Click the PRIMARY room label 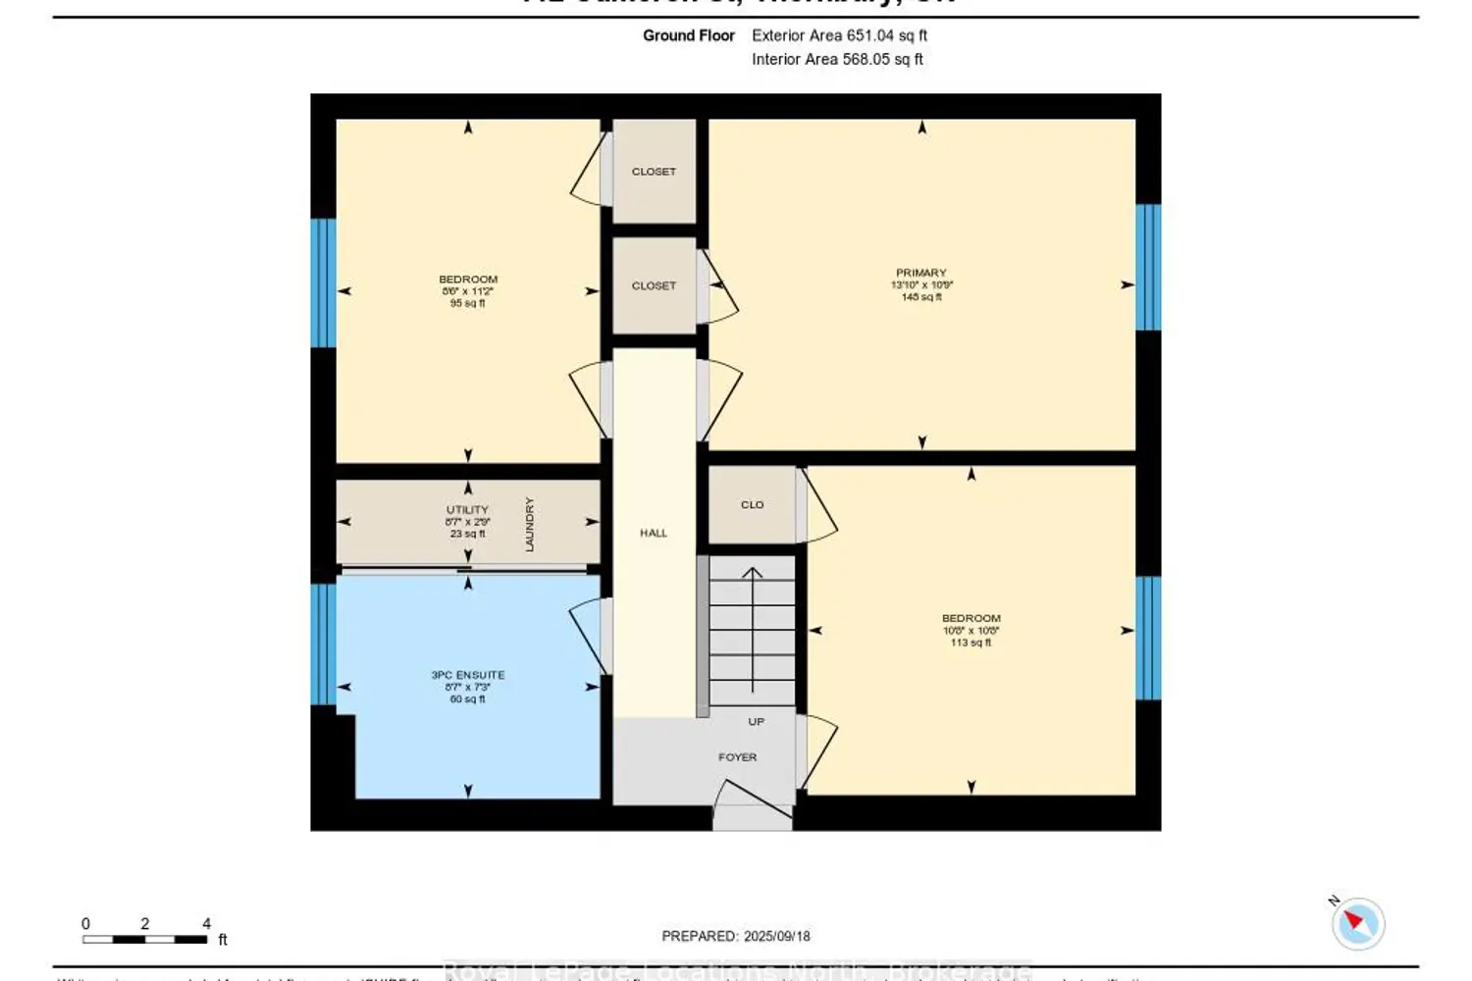point(920,274)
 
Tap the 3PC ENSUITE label point(467,676)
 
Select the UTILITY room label point(467,510)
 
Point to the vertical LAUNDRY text point(530,524)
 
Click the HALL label point(654,534)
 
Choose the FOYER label point(737,757)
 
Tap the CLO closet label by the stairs point(752,505)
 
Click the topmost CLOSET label point(654,172)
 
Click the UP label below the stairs point(756,722)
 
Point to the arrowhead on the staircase point(752,572)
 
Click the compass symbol point(1359,923)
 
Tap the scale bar point(145,939)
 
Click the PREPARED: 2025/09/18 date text point(736,937)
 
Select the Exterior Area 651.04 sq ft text point(839,35)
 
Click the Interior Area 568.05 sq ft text point(837,60)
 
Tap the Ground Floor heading point(688,35)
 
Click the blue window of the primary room point(1148,267)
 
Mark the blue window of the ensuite point(323,644)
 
